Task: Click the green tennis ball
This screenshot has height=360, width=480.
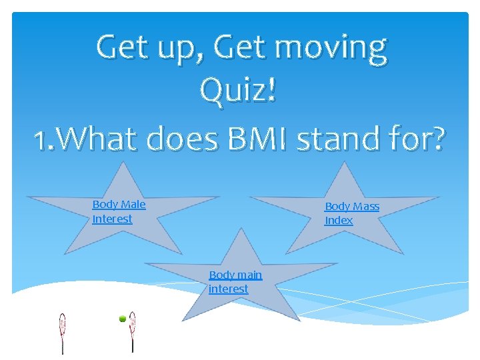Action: tap(123, 319)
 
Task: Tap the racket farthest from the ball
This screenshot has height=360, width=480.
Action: tap(63, 331)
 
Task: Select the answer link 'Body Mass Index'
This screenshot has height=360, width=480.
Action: tap(351, 213)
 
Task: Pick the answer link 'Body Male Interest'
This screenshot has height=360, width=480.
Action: tap(119, 211)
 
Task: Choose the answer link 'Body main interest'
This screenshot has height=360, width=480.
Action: tap(235, 281)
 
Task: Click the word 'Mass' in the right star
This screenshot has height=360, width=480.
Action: tap(366, 207)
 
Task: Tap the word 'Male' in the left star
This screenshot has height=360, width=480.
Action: tap(133, 204)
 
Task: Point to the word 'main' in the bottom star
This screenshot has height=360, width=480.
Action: tap(250, 275)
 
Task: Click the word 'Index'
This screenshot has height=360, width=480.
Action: tap(339, 221)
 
